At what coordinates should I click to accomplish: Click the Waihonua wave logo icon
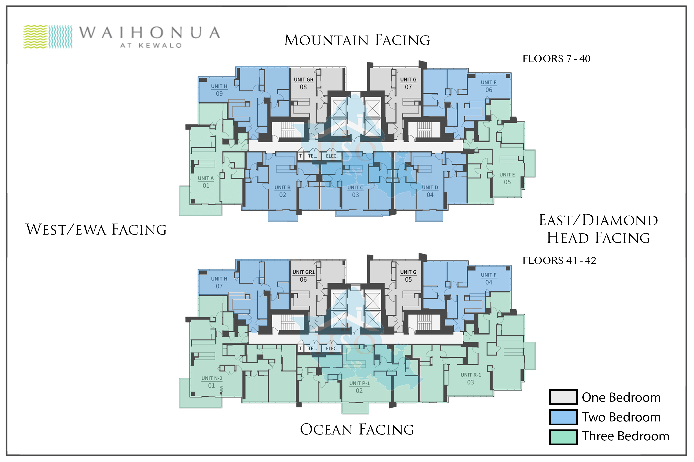(x=48, y=37)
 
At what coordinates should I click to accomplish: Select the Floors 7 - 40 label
(x=556, y=59)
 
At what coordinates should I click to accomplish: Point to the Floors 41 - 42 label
(x=559, y=260)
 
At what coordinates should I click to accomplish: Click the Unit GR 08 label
(x=304, y=83)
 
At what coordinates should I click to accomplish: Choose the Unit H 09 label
(x=219, y=90)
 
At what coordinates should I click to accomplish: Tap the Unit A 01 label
(x=206, y=182)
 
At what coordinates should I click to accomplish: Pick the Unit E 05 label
(x=507, y=178)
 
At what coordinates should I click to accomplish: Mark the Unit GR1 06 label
(x=304, y=276)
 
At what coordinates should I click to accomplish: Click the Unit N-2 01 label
(x=212, y=382)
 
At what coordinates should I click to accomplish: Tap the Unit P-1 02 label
(x=359, y=387)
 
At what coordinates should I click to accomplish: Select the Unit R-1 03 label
(x=471, y=379)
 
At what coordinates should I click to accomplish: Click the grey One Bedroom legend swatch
(x=563, y=397)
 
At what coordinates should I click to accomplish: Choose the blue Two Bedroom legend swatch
(x=563, y=417)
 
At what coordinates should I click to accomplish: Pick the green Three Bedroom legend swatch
(x=563, y=437)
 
